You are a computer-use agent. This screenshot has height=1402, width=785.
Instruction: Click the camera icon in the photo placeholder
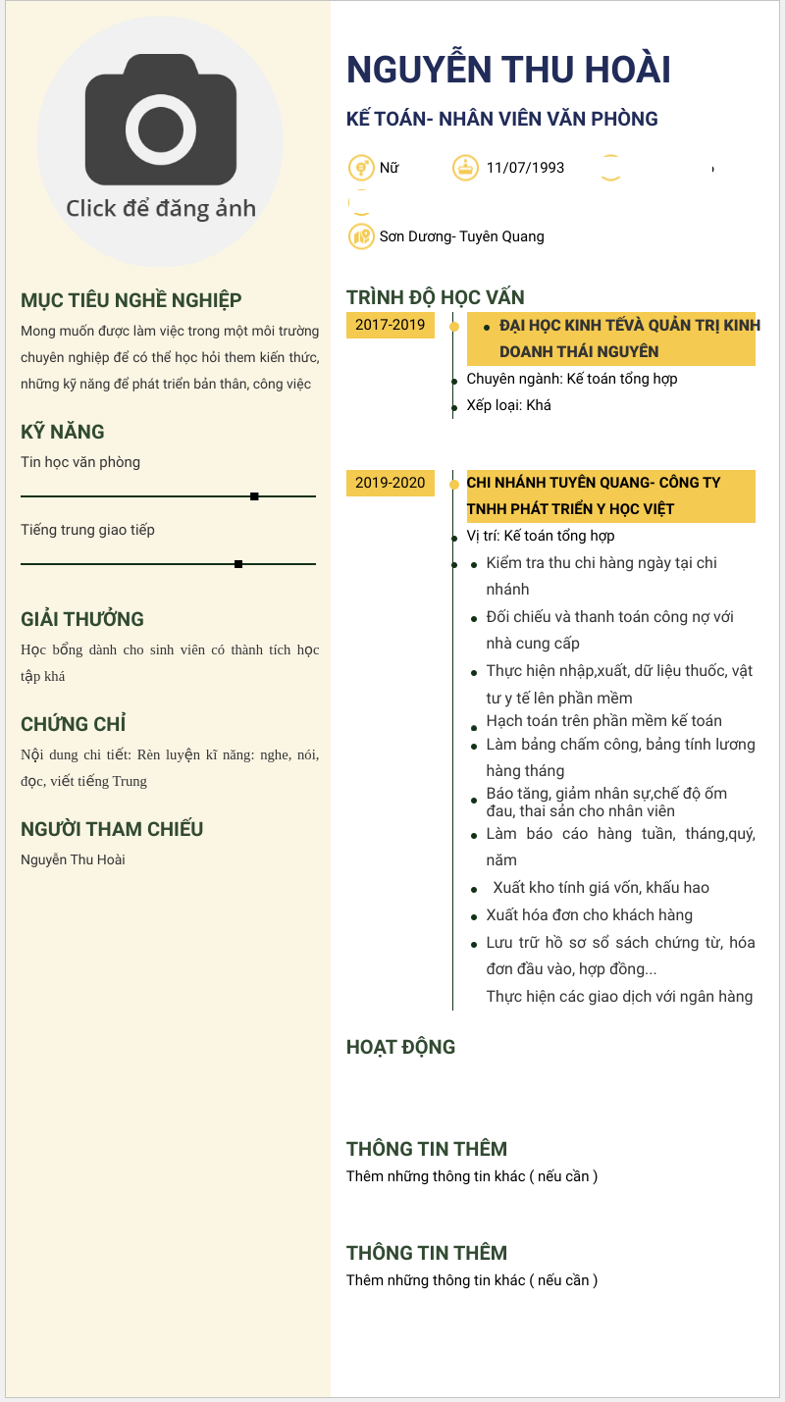point(161,119)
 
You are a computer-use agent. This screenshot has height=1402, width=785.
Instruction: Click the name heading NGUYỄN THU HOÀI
point(508,70)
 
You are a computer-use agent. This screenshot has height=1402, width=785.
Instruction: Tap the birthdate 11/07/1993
point(525,168)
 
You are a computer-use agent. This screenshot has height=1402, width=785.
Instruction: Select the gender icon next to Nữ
point(362,168)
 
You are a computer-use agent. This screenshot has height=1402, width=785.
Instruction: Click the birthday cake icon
point(465,168)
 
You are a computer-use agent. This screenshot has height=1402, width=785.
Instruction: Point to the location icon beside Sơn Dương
point(362,236)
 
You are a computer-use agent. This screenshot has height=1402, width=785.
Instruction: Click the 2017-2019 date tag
point(390,325)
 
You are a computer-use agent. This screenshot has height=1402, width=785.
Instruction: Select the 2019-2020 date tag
point(390,483)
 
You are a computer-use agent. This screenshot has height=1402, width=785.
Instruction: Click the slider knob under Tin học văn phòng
point(254,496)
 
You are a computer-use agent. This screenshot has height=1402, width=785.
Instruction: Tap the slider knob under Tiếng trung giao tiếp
point(238,564)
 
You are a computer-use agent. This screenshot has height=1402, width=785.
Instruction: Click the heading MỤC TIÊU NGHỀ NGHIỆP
point(131,300)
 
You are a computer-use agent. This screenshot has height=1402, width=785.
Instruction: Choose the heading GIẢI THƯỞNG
point(82,619)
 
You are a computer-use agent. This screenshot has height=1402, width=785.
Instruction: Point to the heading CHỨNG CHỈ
point(74,724)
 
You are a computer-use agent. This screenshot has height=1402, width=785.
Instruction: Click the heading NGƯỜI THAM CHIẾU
point(112,829)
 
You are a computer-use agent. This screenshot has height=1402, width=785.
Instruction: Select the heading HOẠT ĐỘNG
point(400,1047)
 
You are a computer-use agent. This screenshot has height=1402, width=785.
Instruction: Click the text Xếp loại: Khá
point(508,405)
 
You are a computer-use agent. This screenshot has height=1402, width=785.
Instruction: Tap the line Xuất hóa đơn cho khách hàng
point(589,915)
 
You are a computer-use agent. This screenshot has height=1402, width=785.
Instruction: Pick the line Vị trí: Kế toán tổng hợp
point(540,536)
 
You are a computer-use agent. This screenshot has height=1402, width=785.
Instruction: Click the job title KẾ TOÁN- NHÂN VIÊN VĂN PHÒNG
point(501,120)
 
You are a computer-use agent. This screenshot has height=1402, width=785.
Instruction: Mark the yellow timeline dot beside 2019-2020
point(453,484)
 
